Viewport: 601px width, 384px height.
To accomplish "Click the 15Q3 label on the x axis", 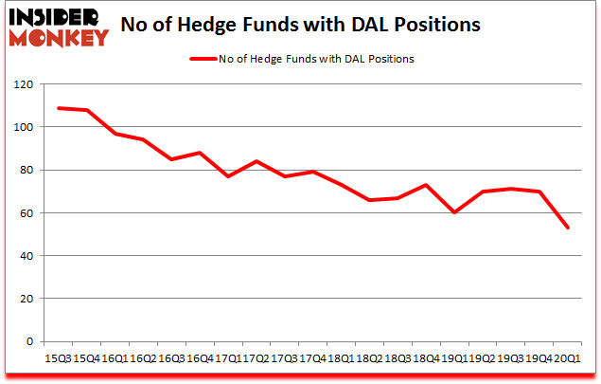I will pos(59,359).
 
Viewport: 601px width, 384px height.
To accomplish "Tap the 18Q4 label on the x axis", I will pos(426,359).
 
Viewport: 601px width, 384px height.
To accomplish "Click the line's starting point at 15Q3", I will pos(59,108).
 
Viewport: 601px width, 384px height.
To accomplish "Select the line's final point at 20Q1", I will pos(567,228).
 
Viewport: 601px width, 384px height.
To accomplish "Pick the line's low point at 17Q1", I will pos(227,176).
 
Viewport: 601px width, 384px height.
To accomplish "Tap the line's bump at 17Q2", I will pos(256,161).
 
